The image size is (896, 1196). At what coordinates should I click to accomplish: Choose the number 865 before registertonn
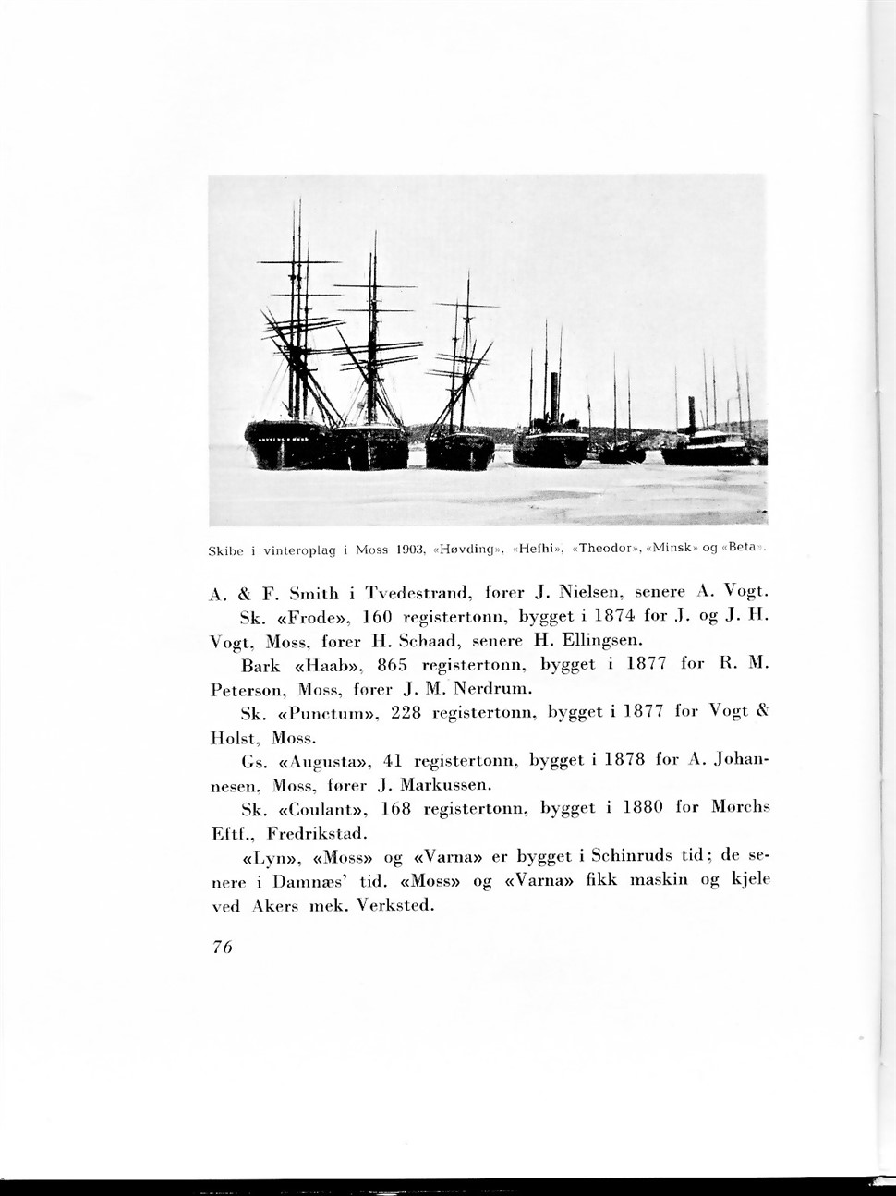coord(394,665)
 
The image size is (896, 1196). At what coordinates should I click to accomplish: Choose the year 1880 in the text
coord(644,808)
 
